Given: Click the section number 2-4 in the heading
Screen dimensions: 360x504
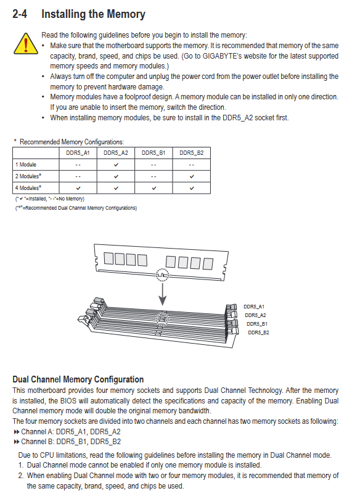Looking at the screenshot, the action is click(20, 14).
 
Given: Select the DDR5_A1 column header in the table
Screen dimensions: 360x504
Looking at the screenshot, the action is click(78, 153).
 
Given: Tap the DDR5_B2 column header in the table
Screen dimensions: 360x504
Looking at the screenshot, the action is click(191, 153).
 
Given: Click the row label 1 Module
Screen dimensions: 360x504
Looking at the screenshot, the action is click(26, 165).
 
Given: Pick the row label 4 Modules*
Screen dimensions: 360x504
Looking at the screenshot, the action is click(28, 188).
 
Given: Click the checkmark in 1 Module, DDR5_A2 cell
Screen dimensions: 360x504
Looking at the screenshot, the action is click(116, 165).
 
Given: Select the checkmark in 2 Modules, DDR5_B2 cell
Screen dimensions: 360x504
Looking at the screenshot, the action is click(192, 176).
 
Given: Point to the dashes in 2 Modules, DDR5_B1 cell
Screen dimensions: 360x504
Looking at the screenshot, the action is click(153, 176).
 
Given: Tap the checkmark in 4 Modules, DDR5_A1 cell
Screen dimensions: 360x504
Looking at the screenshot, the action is click(78, 188).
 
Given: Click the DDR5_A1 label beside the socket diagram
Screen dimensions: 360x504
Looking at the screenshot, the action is click(254, 307).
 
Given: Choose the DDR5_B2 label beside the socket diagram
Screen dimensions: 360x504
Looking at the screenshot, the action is click(258, 333).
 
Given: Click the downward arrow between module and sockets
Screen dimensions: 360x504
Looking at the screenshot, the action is click(163, 294).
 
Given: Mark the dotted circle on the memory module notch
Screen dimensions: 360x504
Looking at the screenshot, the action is click(163, 275).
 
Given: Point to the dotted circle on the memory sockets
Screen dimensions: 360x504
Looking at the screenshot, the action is click(162, 318).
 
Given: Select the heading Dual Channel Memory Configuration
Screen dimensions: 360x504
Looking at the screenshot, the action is click(78, 379).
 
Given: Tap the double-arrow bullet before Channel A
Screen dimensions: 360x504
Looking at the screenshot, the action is click(17, 432).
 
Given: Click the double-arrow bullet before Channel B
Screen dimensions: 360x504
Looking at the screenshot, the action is click(17, 442).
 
